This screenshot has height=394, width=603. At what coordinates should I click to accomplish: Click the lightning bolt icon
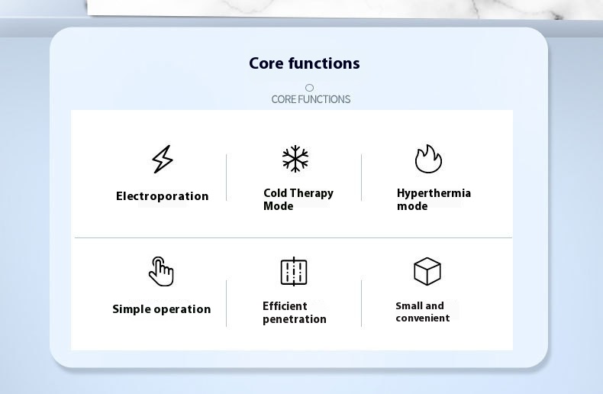coord(163,159)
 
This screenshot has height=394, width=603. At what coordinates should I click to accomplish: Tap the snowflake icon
coord(295,159)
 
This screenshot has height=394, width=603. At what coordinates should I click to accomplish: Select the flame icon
coord(428,159)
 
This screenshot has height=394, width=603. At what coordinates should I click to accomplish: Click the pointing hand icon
coord(162,272)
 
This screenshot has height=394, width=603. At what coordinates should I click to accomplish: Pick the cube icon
coord(427,272)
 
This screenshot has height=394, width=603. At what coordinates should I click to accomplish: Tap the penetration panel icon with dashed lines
coord(294,272)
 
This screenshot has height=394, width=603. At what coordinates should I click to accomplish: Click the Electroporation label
coord(163,196)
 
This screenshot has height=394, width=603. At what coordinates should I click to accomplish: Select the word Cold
coord(276,192)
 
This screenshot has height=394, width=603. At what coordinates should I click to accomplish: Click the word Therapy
coord(312,193)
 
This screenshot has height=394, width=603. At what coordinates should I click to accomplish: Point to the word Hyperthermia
coord(434,193)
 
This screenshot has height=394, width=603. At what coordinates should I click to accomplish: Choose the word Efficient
coord(285,306)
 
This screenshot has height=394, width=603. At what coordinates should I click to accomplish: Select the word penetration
coord(295,319)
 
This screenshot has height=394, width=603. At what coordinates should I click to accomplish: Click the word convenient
coord(423,318)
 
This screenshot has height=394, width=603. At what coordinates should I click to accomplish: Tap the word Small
coord(409,306)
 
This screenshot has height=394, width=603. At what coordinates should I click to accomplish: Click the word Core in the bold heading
coord(266,63)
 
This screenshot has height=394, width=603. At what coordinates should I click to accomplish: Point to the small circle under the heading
coord(309,88)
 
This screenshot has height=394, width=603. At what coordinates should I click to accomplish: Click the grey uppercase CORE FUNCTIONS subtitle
coord(311,99)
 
